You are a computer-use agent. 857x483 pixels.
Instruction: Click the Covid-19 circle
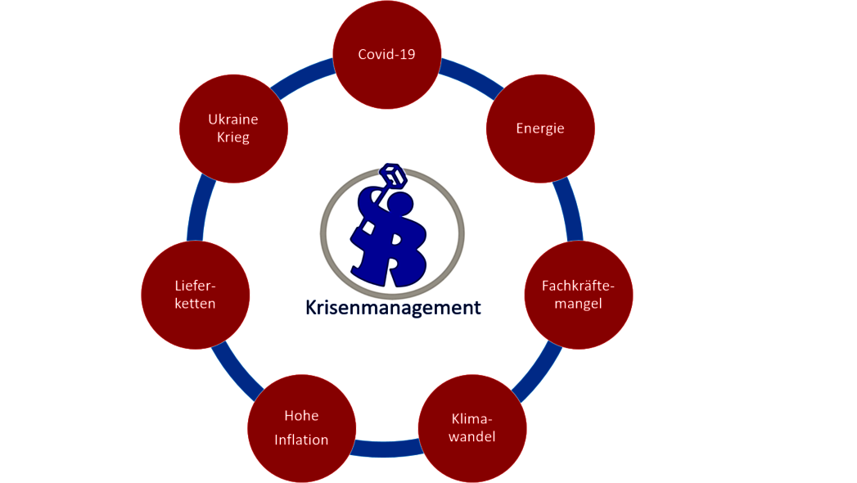[x=387, y=55]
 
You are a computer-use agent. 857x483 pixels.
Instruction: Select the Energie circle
[x=540, y=129]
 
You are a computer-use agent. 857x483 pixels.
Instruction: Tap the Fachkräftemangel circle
[x=578, y=295]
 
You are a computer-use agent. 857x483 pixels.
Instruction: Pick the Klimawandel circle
[x=472, y=428]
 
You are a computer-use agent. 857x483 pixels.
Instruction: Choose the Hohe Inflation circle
[x=302, y=428]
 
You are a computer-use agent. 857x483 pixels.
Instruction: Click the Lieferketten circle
[x=195, y=295]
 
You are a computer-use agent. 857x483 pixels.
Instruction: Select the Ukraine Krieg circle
[x=233, y=129]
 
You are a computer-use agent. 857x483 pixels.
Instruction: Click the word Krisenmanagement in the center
[x=393, y=308]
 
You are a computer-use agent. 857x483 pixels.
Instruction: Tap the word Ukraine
[x=233, y=119]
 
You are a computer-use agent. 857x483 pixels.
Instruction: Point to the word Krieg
[x=233, y=138]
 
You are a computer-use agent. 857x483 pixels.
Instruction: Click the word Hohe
[x=302, y=416]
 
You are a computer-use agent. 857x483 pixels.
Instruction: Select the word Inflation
[x=302, y=440]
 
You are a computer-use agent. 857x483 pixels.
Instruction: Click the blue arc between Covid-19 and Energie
[x=471, y=74]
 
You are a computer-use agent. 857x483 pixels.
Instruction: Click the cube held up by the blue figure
[x=394, y=176]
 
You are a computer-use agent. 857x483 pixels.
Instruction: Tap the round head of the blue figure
[x=399, y=206]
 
